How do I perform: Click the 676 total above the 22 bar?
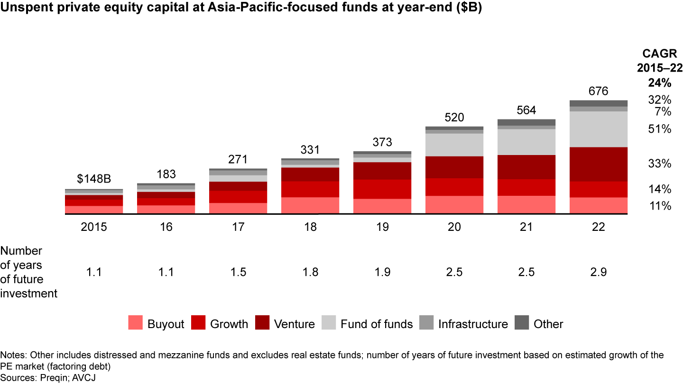click(599, 91)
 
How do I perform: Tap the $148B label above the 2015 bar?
click(94, 180)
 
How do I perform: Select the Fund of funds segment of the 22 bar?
click(599, 129)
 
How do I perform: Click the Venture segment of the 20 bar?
click(454, 167)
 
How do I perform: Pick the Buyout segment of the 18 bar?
click(310, 205)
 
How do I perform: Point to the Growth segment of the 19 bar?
click(382, 189)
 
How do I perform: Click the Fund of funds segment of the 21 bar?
click(526, 142)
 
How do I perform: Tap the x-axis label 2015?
click(94, 227)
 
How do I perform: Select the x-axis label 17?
click(238, 227)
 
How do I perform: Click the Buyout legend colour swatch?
click(135, 324)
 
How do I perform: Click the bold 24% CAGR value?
click(660, 83)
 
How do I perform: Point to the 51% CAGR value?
click(660, 129)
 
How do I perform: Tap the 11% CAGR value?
click(660, 206)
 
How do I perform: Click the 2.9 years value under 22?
click(599, 273)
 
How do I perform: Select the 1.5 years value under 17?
click(238, 273)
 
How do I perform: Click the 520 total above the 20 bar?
click(454, 118)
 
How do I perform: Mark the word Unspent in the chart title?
click(21, 9)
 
